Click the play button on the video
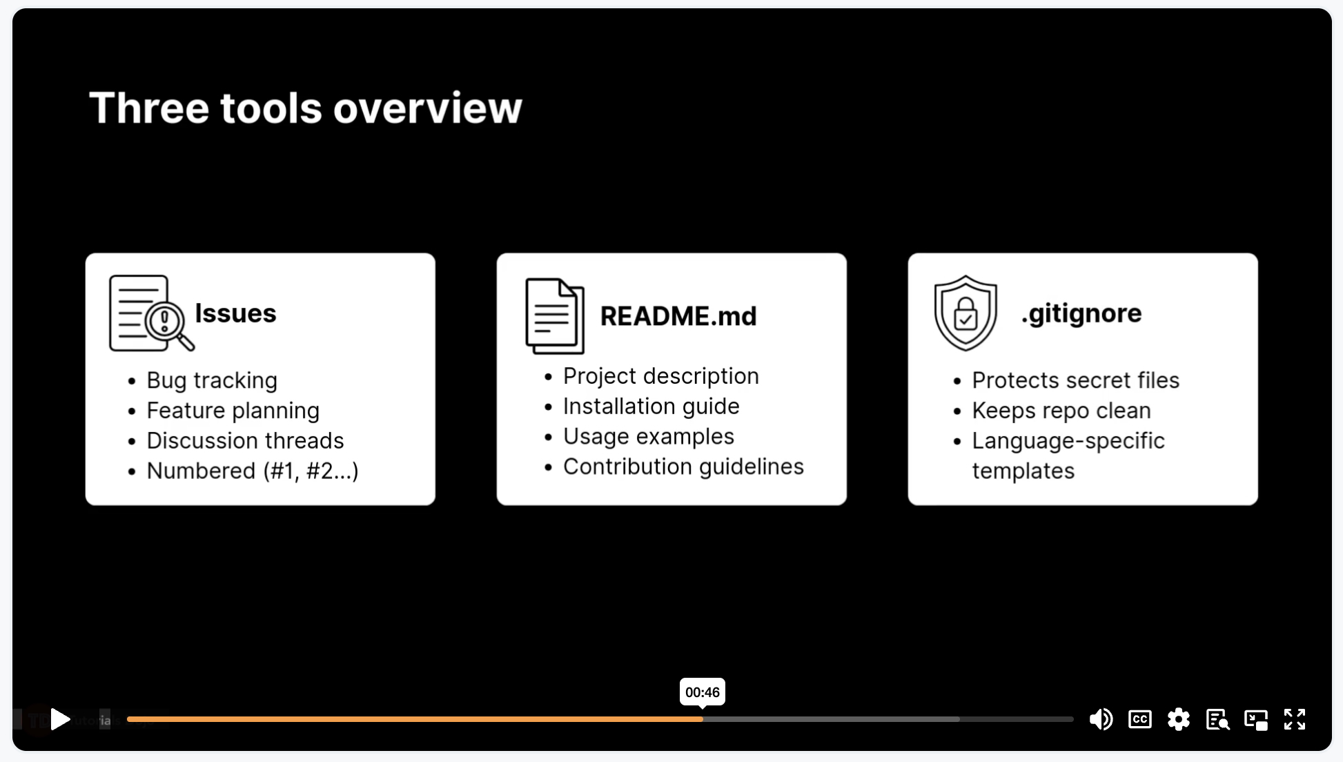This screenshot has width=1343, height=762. point(60,719)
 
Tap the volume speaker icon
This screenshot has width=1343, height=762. point(1101,719)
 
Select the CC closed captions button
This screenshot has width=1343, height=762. point(1140,719)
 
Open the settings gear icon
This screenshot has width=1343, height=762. point(1179,719)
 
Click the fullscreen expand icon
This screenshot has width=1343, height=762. point(1295,719)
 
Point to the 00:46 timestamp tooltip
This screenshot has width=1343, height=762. point(703,692)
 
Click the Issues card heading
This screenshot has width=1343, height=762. point(235,313)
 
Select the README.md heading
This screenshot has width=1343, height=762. point(678,316)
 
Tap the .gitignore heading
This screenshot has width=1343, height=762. point(1081,314)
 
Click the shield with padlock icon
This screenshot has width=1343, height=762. point(965,313)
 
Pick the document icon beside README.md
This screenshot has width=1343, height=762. point(555,316)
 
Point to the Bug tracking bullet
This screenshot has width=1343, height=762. point(212,380)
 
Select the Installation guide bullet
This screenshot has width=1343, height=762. point(651,407)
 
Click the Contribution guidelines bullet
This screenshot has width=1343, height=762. point(683,467)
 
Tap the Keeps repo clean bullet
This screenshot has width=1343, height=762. point(1061,411)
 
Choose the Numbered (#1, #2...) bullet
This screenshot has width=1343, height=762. point(253,471)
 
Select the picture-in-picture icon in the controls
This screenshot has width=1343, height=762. point(1256,719)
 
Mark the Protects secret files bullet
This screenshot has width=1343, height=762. point(1076,380)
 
